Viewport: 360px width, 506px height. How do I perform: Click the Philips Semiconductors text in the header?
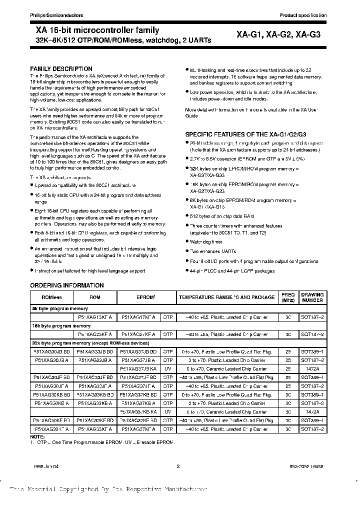[51, 15]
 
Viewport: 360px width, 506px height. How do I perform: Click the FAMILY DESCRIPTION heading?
[61, 69]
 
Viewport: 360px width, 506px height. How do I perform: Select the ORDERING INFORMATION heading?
[67, 285]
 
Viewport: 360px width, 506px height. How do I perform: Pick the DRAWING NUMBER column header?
[312, 297]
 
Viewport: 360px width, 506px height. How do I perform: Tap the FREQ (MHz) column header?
[288, 297]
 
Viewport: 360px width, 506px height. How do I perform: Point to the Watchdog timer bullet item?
[205, 242]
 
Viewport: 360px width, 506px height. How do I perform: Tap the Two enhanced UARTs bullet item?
[208, 251]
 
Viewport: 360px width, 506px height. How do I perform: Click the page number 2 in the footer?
[177, 466]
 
